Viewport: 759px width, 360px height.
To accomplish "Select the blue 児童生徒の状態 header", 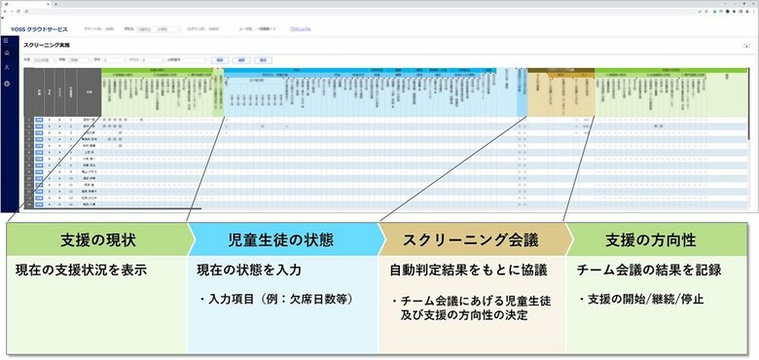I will coord(282,238).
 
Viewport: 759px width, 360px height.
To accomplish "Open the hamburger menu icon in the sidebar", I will coord(6,41).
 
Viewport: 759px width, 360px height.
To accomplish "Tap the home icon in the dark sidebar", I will coord(6,54).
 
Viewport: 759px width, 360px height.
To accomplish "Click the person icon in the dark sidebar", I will coord(6,68).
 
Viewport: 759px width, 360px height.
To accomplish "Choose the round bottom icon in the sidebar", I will coord(6,84).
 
